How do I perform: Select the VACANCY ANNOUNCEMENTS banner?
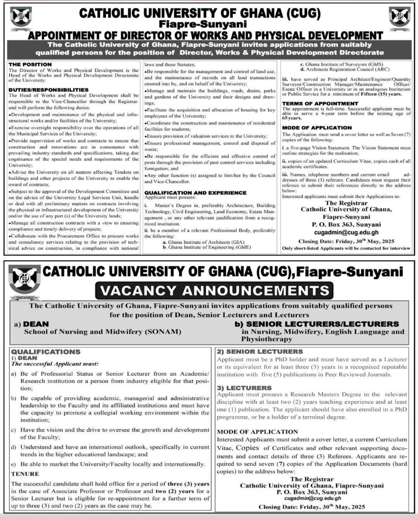pos(214,290)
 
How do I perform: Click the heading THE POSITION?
pos(30,64)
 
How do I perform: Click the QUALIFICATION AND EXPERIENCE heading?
pos(195,193)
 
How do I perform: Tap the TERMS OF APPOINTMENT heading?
pos(320,104)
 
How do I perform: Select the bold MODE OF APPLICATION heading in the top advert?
pos(317,128)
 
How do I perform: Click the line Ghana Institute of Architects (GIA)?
pos(203,242)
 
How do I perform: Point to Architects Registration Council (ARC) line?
pos(341,69)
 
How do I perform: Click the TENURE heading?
pos(25,474)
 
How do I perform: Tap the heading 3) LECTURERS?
pos(244,388)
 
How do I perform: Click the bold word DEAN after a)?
pos(36,324)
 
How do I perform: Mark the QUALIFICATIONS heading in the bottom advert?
pos(46,352)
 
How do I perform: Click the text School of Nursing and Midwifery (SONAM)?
pos(102,332)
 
